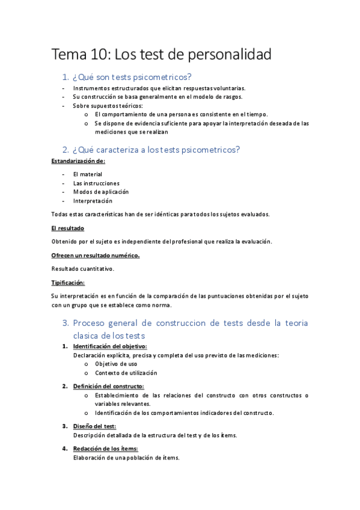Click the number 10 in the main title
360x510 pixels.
point(101,55)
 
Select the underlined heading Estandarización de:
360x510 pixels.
point(78,161)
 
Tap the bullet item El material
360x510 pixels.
point(88,174)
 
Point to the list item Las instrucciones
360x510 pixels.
point(96,183)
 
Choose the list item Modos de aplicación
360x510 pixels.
point(101,192)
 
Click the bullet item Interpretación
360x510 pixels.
point(93,201)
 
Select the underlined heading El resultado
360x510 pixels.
point(68,229)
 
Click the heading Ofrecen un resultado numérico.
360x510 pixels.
point(96,256)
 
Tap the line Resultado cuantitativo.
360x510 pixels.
point(82,268)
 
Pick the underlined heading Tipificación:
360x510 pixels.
point(68,283)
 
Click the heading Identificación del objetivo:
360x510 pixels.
point(110,346)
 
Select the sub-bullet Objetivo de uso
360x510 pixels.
point(116,364)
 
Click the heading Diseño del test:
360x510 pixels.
point(94,426)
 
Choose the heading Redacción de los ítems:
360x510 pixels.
point(105,449)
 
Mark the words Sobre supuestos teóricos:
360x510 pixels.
point(104,106)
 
